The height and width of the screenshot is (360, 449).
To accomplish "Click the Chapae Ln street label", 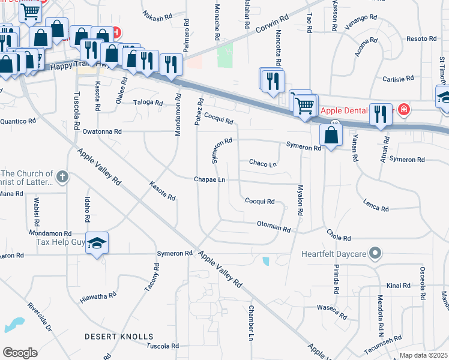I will tap(209, 180).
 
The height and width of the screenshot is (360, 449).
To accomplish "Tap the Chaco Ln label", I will tap(263, 163).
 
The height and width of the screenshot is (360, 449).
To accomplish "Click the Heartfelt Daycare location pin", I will tap(375, 253).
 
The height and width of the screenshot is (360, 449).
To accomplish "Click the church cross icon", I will tap(62, 177).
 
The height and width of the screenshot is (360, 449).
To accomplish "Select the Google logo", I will tap(20, 353).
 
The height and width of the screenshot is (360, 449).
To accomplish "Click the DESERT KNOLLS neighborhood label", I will tap(119, 337).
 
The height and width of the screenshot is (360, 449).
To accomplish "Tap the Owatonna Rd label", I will tap(102, 131).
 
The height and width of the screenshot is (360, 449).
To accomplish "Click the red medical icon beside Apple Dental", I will tap(404, 109).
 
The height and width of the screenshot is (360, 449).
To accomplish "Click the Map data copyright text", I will tap(424, 355).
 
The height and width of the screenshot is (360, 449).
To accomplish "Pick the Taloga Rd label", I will tap(148, 103).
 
